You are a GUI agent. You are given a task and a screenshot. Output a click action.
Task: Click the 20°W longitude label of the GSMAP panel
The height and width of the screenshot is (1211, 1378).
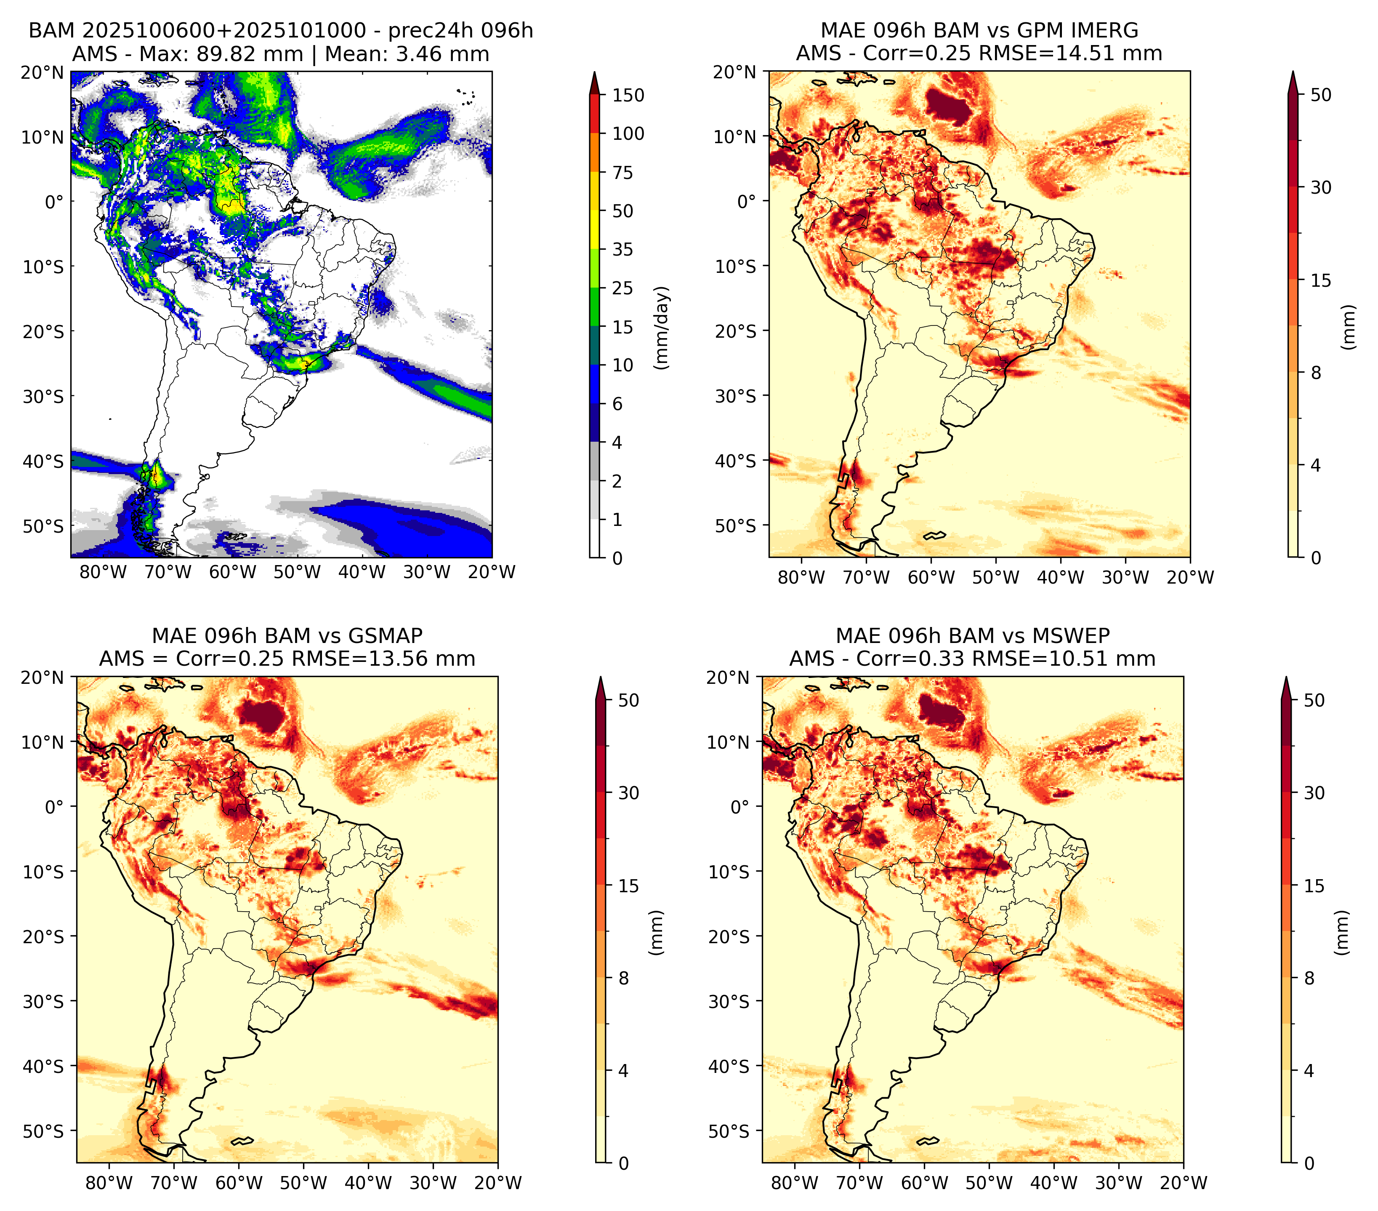(498, 1183)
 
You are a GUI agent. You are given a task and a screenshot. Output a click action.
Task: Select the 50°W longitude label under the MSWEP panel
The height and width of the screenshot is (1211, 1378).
(989, 1183)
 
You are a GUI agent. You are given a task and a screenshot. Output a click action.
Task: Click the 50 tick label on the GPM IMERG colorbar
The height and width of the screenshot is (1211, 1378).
(1321, 95)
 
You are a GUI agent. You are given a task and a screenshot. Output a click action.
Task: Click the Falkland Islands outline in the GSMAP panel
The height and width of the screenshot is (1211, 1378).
(241, 1141)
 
